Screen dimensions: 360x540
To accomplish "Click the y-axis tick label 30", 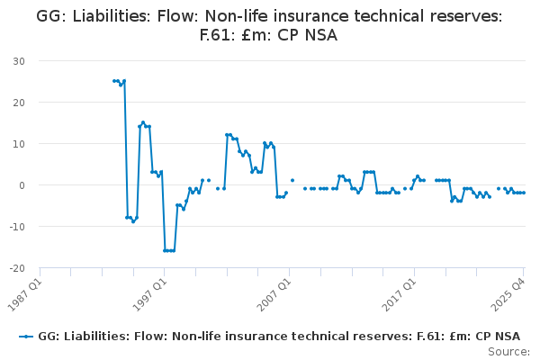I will pyautogui.click(x=18, y=61).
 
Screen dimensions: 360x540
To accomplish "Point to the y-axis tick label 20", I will pyautogui.click(x=18, y=103).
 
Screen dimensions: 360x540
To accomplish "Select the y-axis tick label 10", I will pyautogui.click(x=18, y=144).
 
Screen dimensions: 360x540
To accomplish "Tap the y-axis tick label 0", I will pyautogui.click(x=21, y=185).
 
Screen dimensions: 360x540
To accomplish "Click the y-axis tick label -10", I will pyautogui.click(x=16, y=227).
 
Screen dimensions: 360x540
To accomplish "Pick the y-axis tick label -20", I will pyautogui.click(x=16, y=268).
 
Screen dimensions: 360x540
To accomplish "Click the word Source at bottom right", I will pyautogui.click(x=509, y=351).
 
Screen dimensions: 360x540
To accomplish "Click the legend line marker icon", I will pyautogui.click(x=26, y=337).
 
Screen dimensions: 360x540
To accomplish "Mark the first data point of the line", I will pyautogui.click(x=114, y=81).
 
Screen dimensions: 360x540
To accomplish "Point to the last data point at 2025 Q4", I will pyautogui.click(x=524, y=193).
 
